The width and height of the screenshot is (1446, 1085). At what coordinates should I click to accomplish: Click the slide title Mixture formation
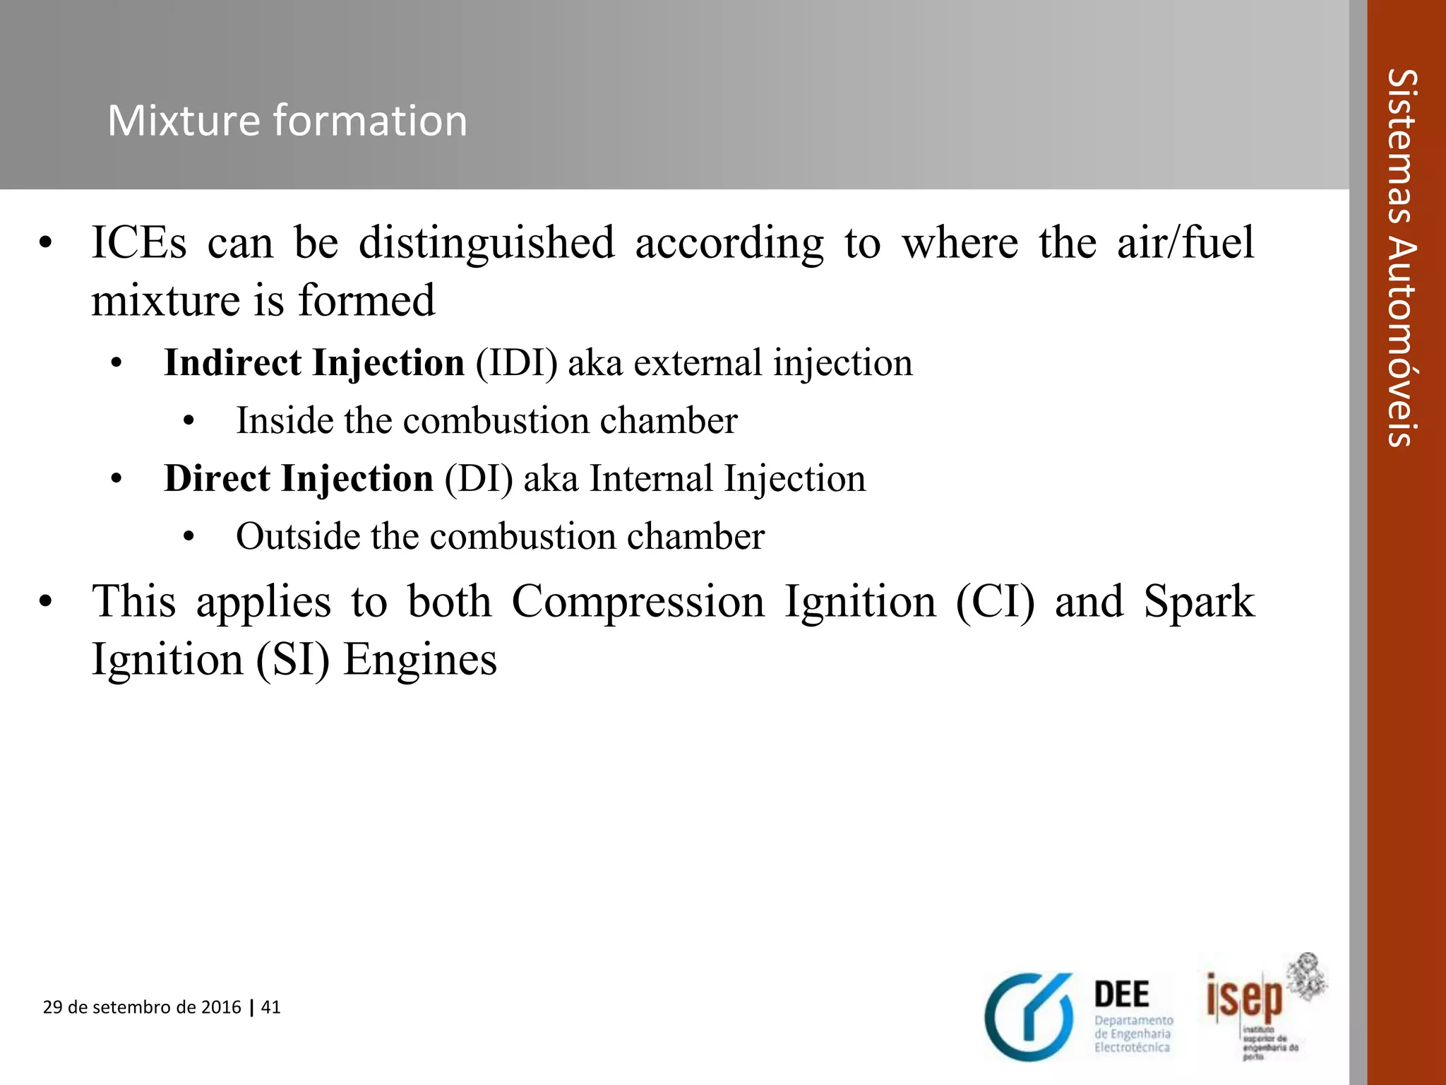click(x=287, y=120)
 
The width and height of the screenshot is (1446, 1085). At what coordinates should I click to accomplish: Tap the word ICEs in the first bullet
click(x=139, y=242)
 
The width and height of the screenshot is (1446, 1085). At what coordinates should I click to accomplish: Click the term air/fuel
click(x=1185, y=242)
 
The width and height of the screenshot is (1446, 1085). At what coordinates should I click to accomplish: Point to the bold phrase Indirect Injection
click(x=314, y=363)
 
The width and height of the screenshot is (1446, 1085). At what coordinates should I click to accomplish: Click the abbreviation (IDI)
click(x=516, y=363)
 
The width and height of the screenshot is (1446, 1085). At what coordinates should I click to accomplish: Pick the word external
click(x=698, y=363)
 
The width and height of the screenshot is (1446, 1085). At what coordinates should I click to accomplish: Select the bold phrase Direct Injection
click(x=298, y=479)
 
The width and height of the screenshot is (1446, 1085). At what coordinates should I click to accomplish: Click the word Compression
click(x=638, y=602)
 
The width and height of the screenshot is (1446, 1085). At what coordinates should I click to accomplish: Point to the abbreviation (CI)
click(x=995, y=602)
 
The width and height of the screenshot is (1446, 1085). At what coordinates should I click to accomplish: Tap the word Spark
click(x=1199, y=602)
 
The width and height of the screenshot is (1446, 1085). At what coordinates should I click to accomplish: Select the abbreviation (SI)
click(x=292, y=660)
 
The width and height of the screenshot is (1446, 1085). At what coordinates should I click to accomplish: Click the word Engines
click(x=420, y=660)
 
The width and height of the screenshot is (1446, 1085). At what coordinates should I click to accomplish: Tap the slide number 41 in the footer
click(x=271, y=1007)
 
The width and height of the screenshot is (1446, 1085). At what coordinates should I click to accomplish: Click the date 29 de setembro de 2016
click(x=142, y=1007)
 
